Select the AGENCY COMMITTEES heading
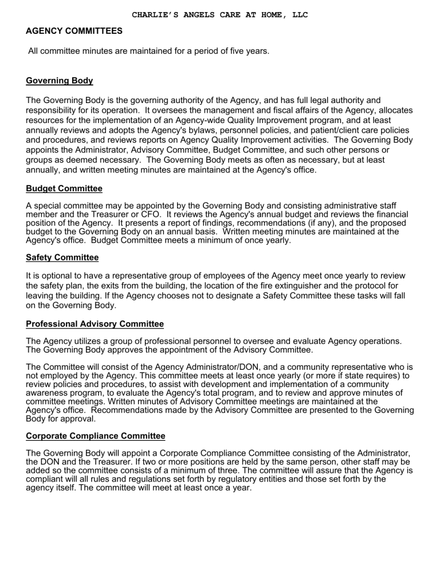pyautogui.click(x=74, y=31)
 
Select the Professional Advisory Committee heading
pyautogui.click(x=95, y=324)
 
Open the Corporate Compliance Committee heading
pyautogui.click(x=96, y=436)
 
